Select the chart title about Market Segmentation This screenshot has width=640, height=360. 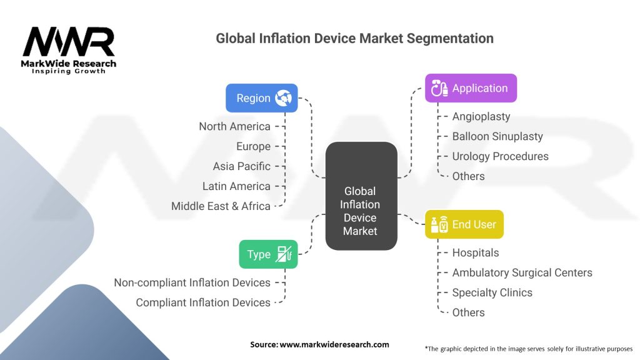point(354,38)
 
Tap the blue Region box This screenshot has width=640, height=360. point(261,98)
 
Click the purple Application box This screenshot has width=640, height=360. point(471,88)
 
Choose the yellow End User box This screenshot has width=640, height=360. point(464,224)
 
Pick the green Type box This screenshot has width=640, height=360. point(268,254)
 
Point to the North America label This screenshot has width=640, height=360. point(234,126)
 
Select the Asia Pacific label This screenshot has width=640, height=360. point(241,166)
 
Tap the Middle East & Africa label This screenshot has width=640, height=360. point(221,206)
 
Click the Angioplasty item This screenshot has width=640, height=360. point(481,116)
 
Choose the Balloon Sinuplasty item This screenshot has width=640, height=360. point(497,136)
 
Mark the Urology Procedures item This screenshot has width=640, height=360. point(500,156)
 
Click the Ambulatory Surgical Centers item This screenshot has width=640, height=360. point(522,272)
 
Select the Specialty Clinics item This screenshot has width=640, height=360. point(492,292)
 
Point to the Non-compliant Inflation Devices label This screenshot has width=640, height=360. point(192,282)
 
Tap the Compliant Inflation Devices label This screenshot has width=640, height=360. point(203,302)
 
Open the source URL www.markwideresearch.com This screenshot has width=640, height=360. point(319,344)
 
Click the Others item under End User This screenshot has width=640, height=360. point(468,312)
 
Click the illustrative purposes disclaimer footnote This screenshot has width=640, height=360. point(528,348)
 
